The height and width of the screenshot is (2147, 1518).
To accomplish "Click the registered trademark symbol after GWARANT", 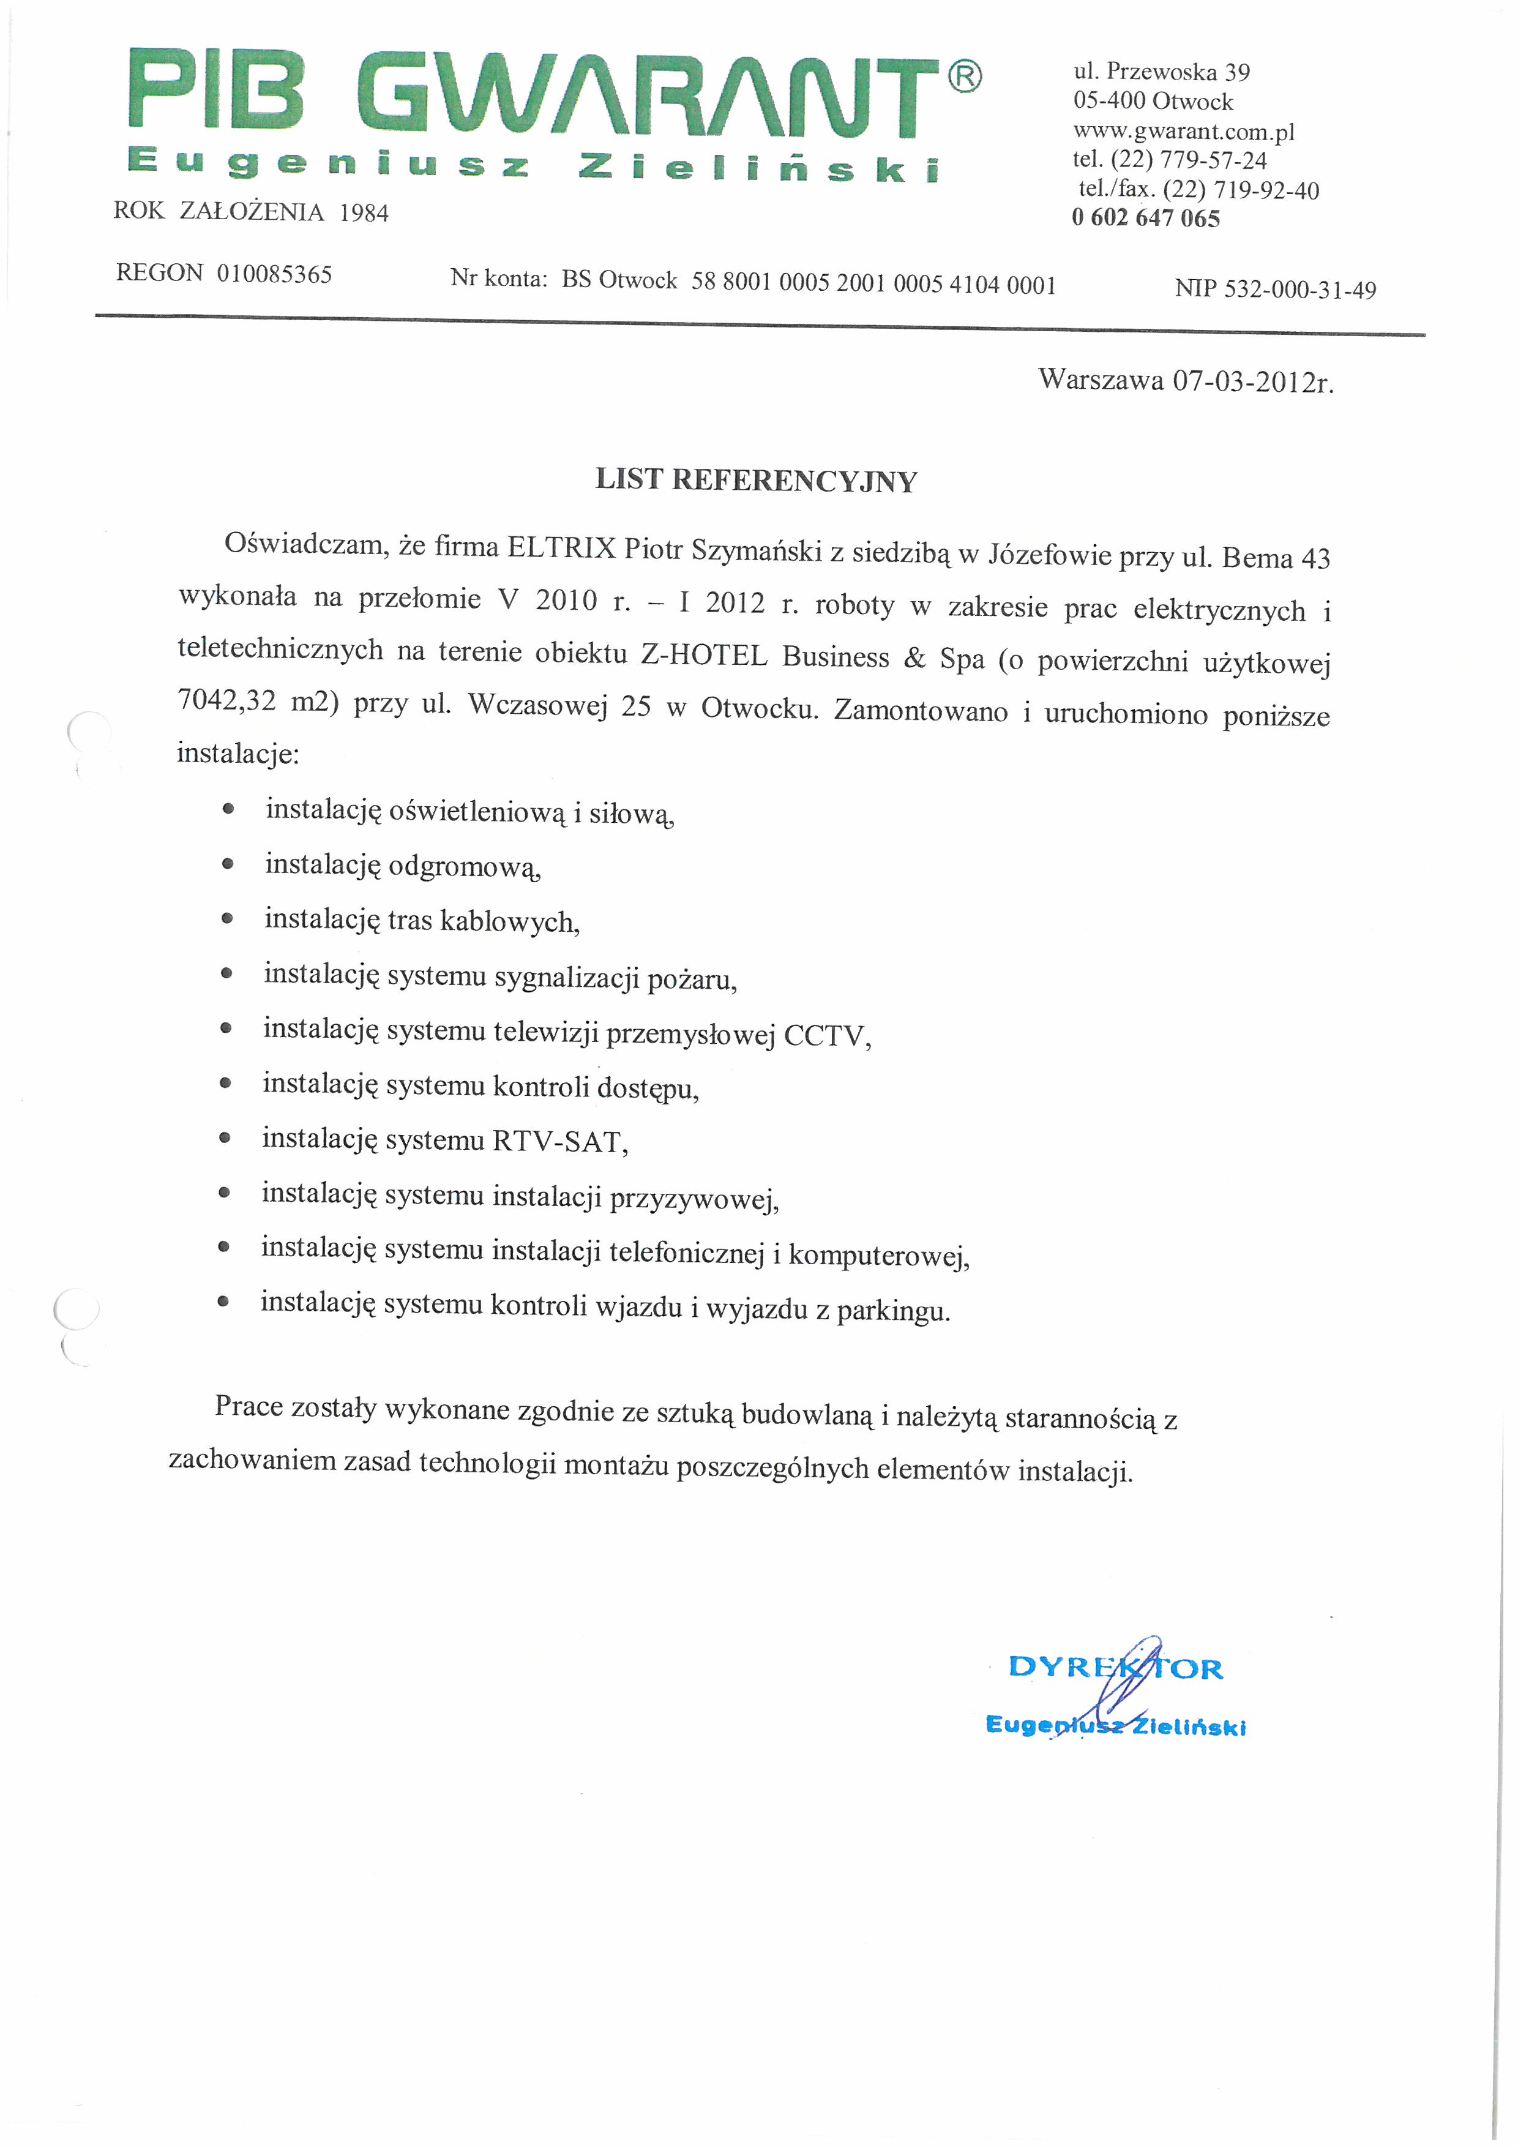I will tap(965, 76).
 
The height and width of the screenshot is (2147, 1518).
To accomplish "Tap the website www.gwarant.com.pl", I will tap(1183, 131).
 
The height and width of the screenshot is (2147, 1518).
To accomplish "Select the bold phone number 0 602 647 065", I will tap(1145, 218).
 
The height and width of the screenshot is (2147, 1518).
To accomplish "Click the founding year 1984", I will tap(364, 213).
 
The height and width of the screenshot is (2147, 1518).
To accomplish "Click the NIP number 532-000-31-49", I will tap(1299, 290).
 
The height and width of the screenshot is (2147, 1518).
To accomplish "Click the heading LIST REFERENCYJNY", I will tap(756, 481).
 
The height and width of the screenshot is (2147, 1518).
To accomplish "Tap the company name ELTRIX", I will tap(561, 547).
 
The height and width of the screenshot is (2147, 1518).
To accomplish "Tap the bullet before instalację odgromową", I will tap(227, 865).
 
